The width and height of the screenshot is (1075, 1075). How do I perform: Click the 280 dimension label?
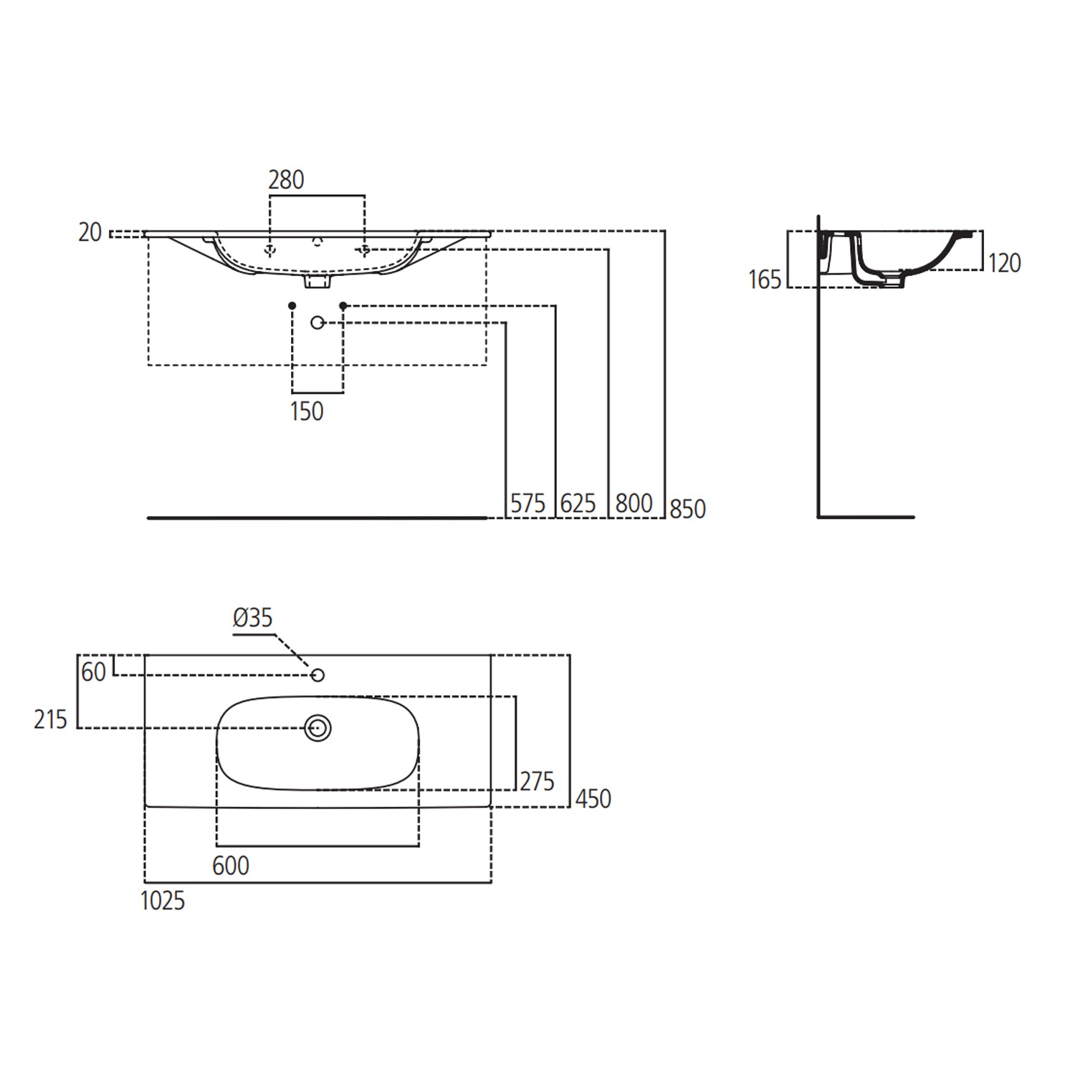[x=286, y=180]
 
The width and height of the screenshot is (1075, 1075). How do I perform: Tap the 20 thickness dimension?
[x=90, y=233]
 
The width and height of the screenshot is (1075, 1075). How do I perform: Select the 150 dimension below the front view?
[x=307, y=411]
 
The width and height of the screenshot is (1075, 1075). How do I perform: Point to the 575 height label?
[x=527, y=504]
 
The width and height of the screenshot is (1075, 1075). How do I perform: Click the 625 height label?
[x=578, y=504]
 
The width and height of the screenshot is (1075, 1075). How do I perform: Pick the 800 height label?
[x=634, y=504]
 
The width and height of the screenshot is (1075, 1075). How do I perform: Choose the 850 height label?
[x=687, y=509]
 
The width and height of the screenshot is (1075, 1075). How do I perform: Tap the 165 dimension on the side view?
[x=765, y=279]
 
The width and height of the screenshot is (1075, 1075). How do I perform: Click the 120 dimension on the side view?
[x=1004, y=264]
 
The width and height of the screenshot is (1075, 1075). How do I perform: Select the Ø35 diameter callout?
[x=253, y=618]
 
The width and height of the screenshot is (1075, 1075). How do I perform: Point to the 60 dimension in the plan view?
[x=94, y=672]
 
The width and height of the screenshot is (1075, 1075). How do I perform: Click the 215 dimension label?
[x=50, y=720]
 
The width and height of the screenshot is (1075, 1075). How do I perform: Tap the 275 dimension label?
[x=537, y=781]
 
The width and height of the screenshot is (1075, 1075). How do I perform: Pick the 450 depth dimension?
[x=593, y=798]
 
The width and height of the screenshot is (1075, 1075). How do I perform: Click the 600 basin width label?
[x=231, y=866]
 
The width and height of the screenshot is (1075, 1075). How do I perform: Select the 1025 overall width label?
[x=163, y=901]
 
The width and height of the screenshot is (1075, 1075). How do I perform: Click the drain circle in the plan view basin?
[x=317, y=728]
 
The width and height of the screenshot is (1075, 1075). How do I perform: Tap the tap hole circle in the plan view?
[x=318, y=675]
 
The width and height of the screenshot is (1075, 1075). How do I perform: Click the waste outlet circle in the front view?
[x=317, y=323]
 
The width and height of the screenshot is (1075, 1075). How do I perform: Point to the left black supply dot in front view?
[x=292, y=306]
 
